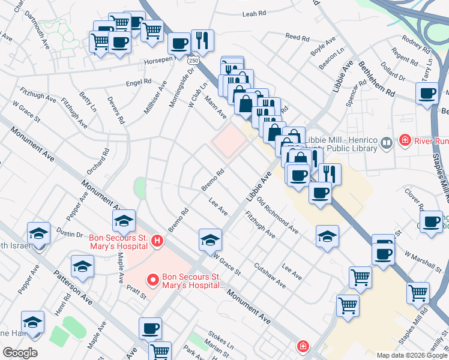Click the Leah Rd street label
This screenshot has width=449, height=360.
click(254, 13)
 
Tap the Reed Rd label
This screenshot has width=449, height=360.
click(297, 37)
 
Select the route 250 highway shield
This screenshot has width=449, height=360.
click(192, 60)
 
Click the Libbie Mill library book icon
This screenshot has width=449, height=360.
click(387, 142)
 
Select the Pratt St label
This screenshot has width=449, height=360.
click(136, 292)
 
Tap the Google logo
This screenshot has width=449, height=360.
click(20, 353)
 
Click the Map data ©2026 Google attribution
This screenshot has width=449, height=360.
click(411, 355)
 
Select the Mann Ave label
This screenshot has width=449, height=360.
click(214, 106)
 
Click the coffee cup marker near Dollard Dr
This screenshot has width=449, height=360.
click(427, 93)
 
